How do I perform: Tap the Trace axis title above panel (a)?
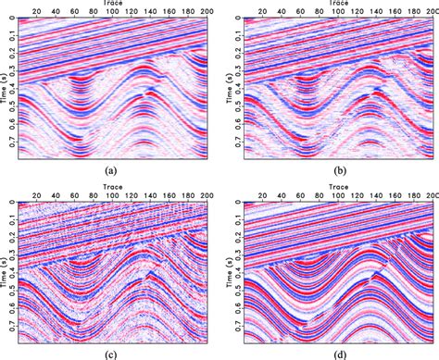coord(111,5)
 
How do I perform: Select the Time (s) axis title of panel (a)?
coord(5,88)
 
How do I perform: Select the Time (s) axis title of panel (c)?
coord(5,268)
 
